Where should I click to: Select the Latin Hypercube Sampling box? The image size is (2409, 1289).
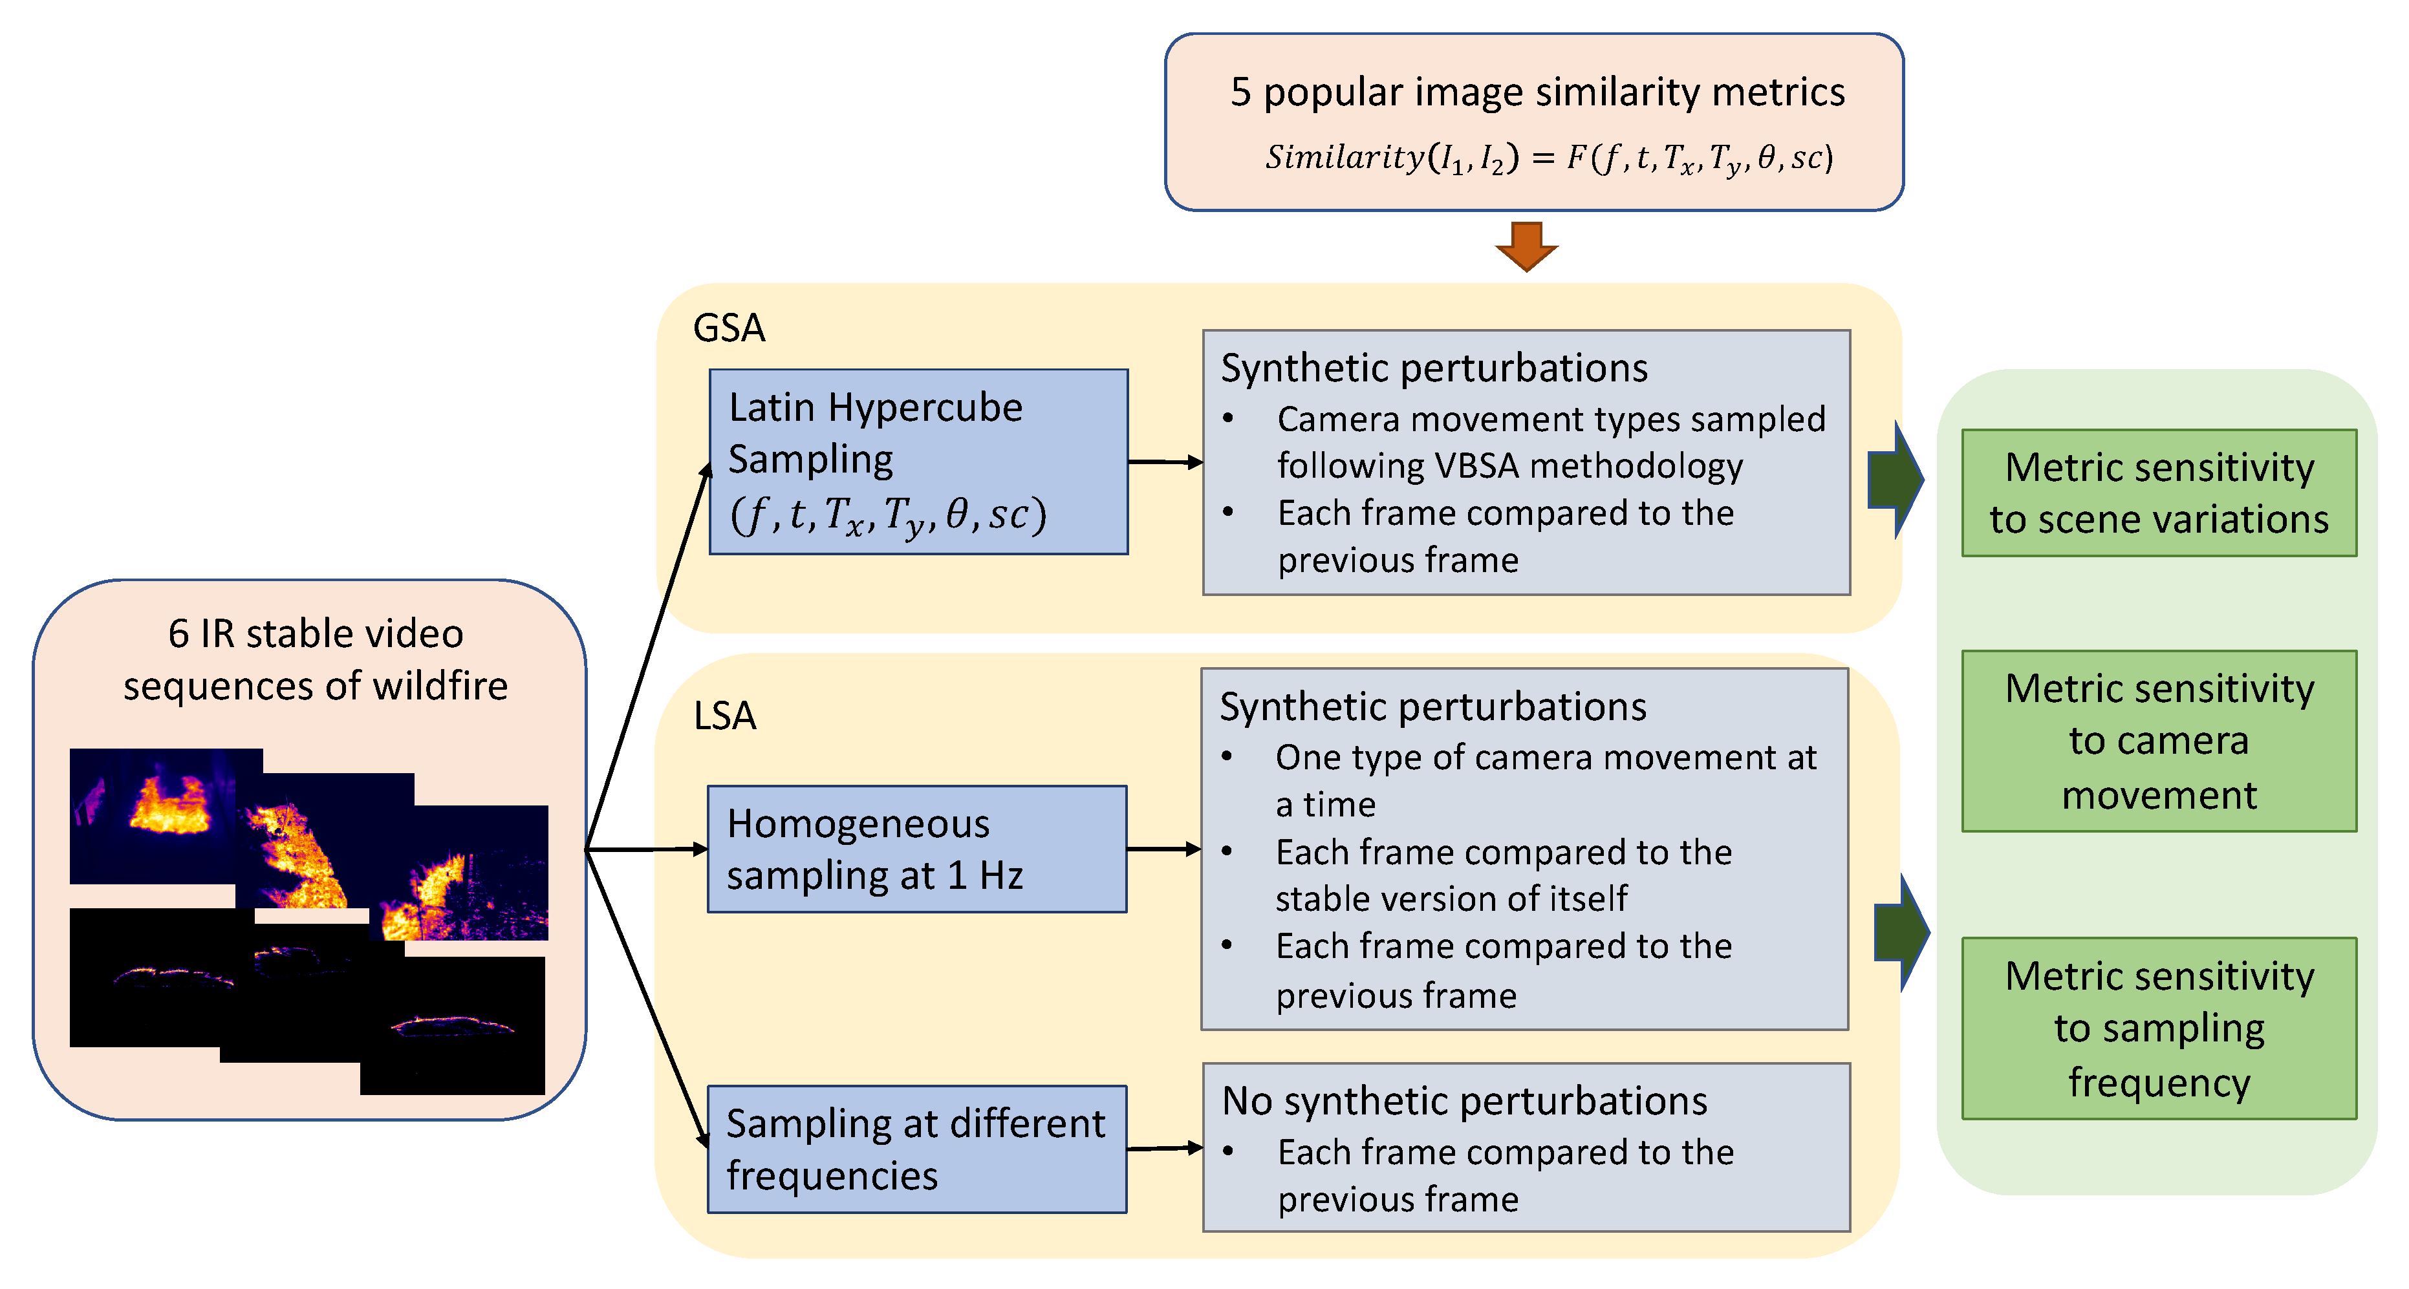click(x=918, y=461)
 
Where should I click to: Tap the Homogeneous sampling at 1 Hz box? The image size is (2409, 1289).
click(x=916, y=849)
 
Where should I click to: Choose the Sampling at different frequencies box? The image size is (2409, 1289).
click(x=916, y=1149)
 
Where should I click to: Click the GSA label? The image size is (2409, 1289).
click(x=728, y=328)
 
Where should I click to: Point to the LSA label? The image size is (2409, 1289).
click(x=725, y=716)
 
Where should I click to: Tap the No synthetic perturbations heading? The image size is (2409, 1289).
click(x=1464, y=1101)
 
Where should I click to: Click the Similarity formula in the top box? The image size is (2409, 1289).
click(x=1549, y=158)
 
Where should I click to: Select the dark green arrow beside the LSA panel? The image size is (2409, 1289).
click(x=1901, y=933)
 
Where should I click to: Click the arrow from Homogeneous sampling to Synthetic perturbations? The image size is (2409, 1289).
click(x=1163, y=849)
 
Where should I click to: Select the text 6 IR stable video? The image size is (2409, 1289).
click(x=315, y=634)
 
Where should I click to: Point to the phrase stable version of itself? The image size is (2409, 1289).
click(x=1451, y=899)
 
